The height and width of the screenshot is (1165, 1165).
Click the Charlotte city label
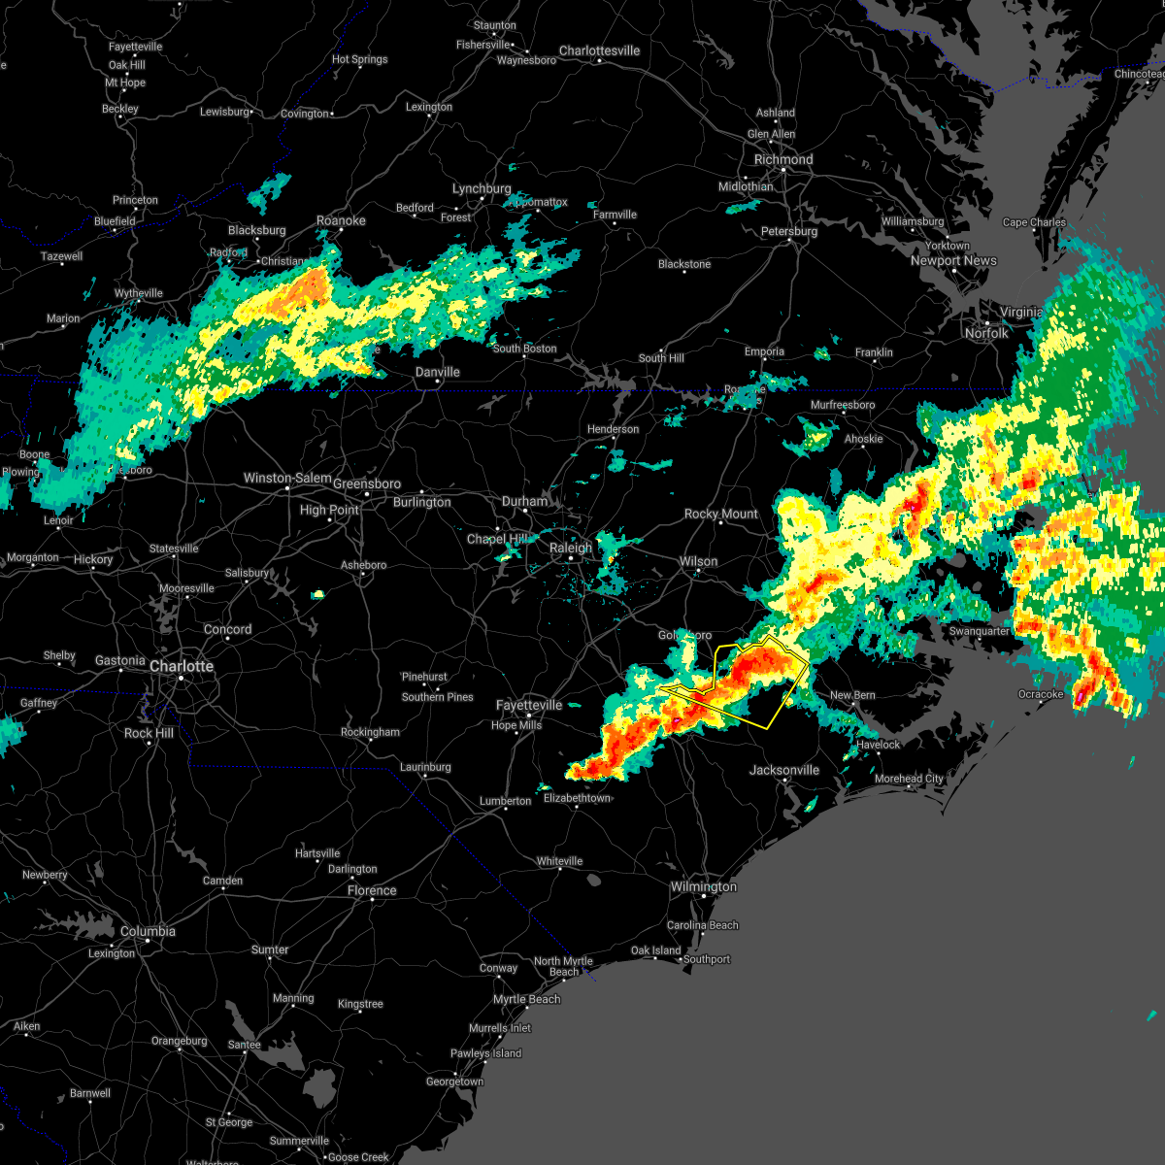tap(181, 666)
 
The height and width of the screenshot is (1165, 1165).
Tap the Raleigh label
tap(571, 548)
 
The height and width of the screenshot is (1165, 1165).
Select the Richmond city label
tap(783, 159)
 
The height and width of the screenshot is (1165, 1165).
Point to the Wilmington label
tap(704, 886)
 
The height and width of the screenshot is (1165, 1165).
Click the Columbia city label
tap(148, 931)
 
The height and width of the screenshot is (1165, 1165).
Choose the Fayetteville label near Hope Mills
tap(529, 705)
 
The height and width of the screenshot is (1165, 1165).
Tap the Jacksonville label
tap(784, 770)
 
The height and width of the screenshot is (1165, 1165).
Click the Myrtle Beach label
tap(526, 999)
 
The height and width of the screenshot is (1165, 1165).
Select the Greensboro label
tap(367, 483)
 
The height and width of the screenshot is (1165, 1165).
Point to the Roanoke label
tap(341, 220)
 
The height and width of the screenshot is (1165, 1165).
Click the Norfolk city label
tap(986, 333)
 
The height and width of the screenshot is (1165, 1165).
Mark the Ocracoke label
tap(1041, 694)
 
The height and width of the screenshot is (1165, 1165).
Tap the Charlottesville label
tap(599, 50)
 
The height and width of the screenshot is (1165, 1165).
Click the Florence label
tap(372, 890)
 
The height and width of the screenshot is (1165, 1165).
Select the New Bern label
tap(852, 695)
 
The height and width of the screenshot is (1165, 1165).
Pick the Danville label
tap(438, 372)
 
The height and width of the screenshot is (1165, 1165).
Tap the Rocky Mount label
tap(721, 514)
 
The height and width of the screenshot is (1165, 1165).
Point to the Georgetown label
tap(454, 1082)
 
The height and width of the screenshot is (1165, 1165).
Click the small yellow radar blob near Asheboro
tap(317, 594)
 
